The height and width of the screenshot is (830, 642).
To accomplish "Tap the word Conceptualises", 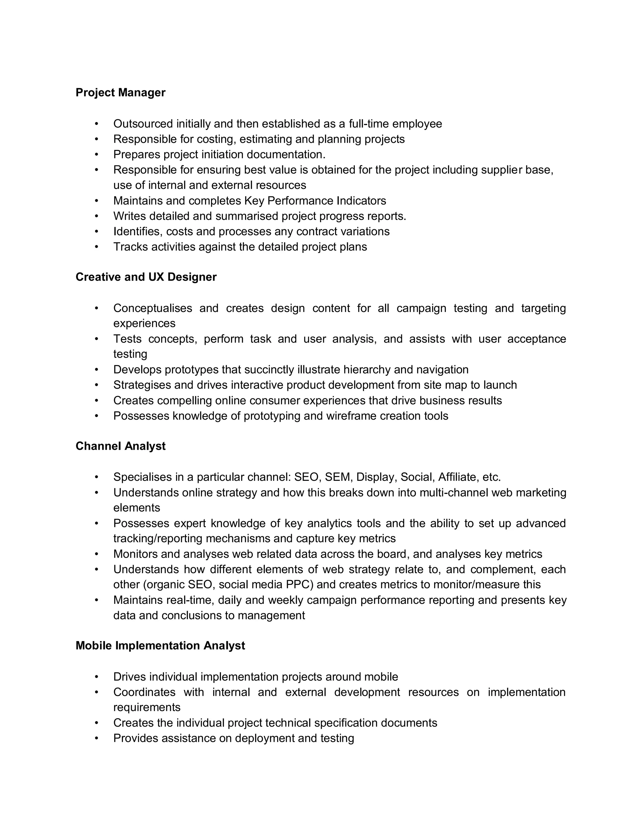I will (153, 308).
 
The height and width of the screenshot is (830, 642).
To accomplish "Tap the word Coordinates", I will (144, 692).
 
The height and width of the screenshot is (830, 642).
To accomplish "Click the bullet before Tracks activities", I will (97, 247).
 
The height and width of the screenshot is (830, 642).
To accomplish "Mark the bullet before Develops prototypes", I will (97, 370).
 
